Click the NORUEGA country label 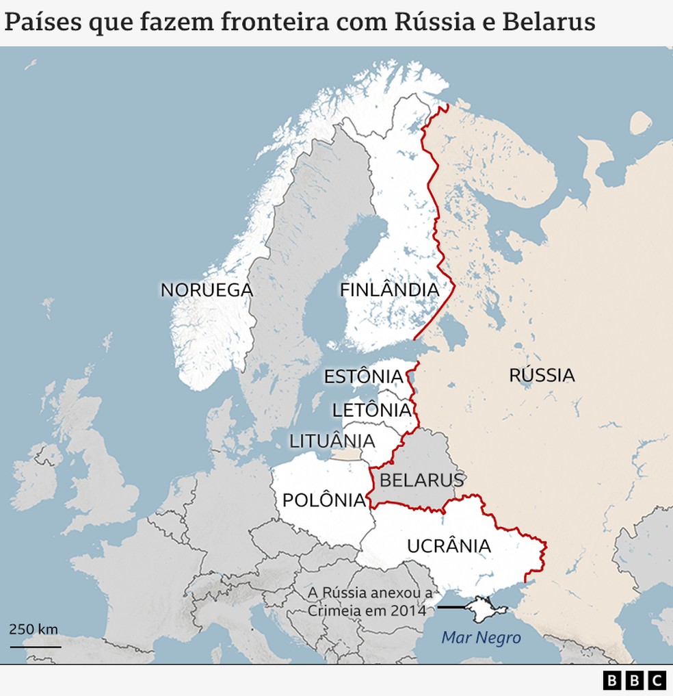pos(207,290)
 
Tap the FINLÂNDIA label pos(389,290)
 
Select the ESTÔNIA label pos(363,376)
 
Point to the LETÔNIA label pos(371,411)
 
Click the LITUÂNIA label pos(332,441)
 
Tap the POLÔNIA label pos(324,500)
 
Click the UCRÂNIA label pos(449,546)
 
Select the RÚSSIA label pos(542,375)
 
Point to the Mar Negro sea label pos(481,638)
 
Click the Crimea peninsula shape pos(484,608)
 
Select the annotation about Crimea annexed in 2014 pos(370,601)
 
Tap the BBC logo pos(634,680)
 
